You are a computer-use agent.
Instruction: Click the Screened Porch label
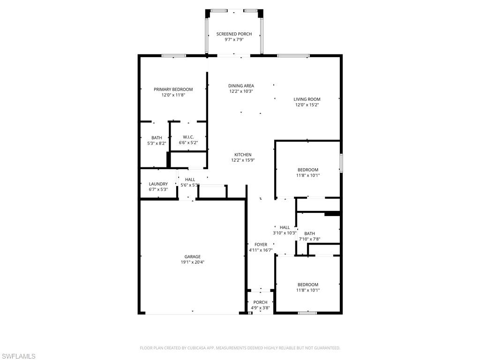coord(234,34)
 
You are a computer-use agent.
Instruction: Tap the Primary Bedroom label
coord(173,90)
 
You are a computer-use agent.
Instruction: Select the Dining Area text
coord(241,86)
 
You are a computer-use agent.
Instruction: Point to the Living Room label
coord(307,99)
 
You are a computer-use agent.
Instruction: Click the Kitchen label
coord(243,155)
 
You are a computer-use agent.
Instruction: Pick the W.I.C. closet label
coord(188,137)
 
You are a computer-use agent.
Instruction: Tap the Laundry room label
coord(158,184)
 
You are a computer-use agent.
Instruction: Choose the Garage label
coord(192,256)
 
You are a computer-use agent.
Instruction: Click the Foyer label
coord(261,245)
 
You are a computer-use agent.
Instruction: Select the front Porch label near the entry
coord(260,302)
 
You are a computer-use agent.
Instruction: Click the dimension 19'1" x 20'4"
coord(192,262)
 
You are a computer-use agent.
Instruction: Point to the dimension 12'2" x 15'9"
coord(243,160)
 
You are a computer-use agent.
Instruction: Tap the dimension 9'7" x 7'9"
coord(234,40)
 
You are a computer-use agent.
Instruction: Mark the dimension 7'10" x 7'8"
coord(309,239)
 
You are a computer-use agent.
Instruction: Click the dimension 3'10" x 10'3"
coord(285,233)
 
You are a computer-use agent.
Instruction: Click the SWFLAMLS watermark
coord(18,357)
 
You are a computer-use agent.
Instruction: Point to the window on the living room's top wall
coord(293,56)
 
